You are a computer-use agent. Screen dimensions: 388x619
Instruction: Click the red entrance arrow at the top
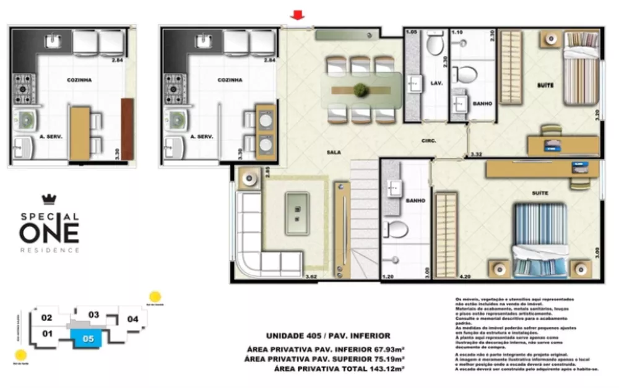tap(298, 15)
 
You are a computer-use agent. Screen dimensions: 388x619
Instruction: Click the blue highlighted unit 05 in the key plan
tap(88, 338)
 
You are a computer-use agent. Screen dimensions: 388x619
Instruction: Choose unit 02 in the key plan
tap(46, 318)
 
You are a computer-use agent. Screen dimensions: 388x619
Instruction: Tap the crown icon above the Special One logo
tap(48, 199)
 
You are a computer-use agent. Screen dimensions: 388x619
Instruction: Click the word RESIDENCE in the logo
tap(50, 250)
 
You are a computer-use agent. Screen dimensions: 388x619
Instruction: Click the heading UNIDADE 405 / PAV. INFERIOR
tap(328, 335)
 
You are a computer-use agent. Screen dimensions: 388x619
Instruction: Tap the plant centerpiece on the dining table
tap(360, 90)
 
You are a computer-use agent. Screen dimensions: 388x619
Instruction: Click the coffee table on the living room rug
tap(297, 213)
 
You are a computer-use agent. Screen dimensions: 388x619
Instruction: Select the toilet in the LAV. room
tap(435, 45)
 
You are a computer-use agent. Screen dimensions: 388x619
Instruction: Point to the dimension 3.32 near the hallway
tap(476, 154)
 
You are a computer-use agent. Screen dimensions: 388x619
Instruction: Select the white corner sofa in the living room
tap(260, 241)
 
